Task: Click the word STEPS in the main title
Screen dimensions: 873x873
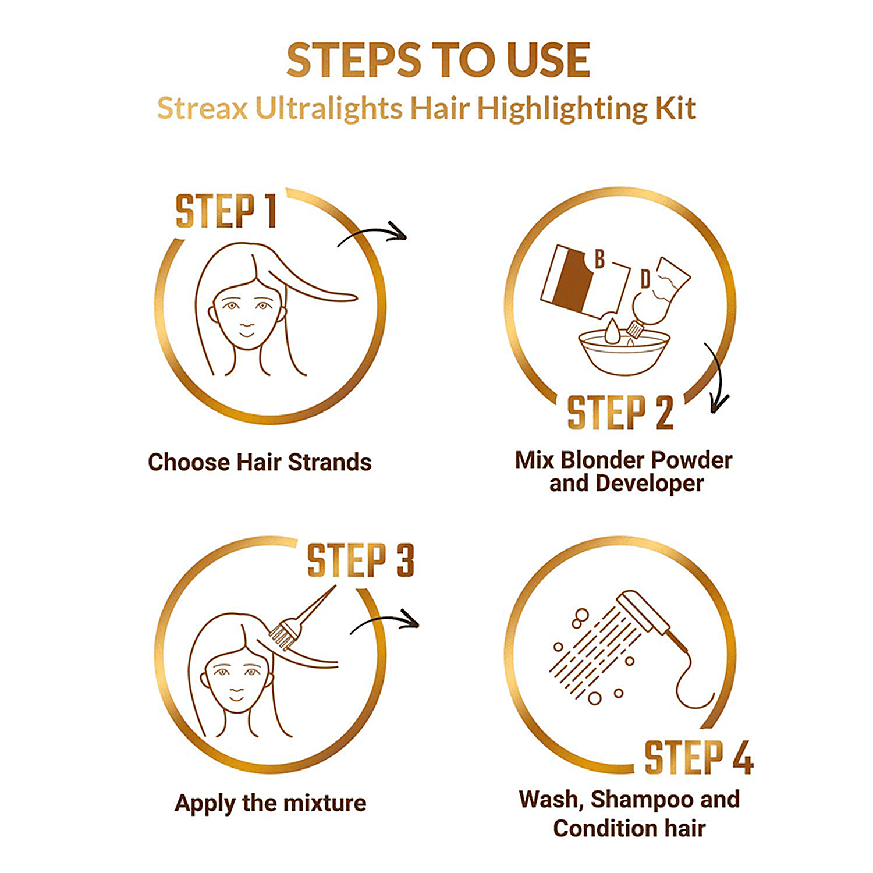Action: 354,60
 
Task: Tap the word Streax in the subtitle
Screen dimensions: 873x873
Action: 203,108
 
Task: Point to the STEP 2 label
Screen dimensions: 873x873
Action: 620,413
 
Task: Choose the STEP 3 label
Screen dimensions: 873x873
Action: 360,560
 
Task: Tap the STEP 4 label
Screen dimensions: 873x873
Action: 698,757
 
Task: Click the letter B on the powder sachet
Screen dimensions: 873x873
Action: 599,259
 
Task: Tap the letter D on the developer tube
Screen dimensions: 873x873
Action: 645,279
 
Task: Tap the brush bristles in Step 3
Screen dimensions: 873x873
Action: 282,636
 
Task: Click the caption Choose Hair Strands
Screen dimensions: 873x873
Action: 260,462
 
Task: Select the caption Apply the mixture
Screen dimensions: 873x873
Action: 271,803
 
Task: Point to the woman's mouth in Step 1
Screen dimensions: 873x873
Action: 247,334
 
